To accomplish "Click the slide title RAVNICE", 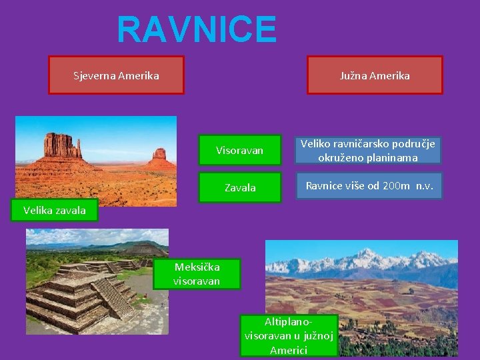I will [x=197, y=30].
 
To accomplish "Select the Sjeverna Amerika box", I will [x=117, y=75].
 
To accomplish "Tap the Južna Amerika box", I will [x=374, y=75].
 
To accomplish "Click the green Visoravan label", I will [x=239, y=151].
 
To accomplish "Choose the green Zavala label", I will [x=239, y=187].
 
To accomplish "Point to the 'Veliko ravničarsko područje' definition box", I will [x=367, y=151].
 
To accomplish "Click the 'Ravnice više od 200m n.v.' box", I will [x=369, y=186].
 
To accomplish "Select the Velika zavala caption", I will [x=54, y=211].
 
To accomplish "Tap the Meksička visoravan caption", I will [x=197, y=274].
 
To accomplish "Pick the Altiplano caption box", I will [x=289, y=335].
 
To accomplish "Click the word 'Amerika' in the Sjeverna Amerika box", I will [x=138, y=75].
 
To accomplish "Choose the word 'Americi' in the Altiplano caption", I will [x=289, y=350].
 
